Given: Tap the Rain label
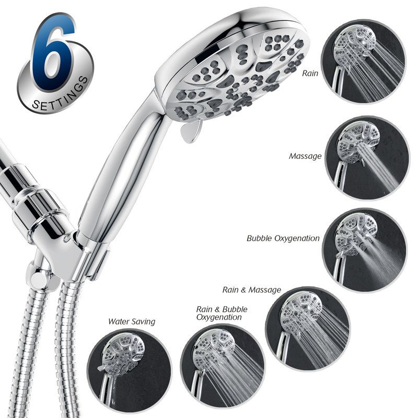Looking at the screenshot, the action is (310, 73).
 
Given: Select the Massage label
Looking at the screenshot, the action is (305, 156).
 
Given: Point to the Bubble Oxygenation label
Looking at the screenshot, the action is (283, 238).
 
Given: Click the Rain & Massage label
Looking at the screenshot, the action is (252, 290).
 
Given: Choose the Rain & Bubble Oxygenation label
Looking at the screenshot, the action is (222, 313).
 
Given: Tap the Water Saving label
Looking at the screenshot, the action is (132, 321).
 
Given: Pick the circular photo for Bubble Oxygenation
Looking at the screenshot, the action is (364, 250).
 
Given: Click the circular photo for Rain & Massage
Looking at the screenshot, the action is (308, 329).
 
